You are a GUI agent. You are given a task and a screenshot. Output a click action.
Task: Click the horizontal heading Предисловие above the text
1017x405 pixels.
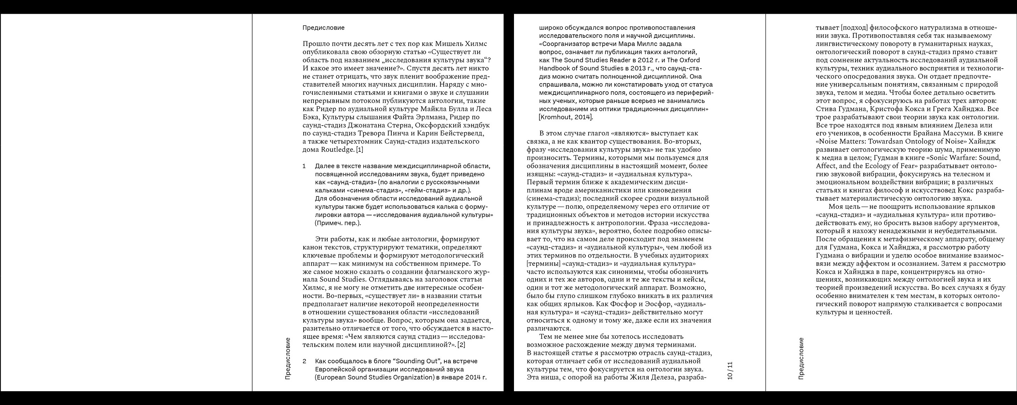click(x=323, y=28)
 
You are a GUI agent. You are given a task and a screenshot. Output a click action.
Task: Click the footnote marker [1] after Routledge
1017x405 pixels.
click(x=359, y=150)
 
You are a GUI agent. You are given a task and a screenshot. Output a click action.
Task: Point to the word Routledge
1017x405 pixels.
click(x=338, y=150)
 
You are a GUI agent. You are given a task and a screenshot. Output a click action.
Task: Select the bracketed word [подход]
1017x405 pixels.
click(x=854, y=28)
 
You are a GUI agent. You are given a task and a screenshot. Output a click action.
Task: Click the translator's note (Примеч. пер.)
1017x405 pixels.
click(x=338, y=223)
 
